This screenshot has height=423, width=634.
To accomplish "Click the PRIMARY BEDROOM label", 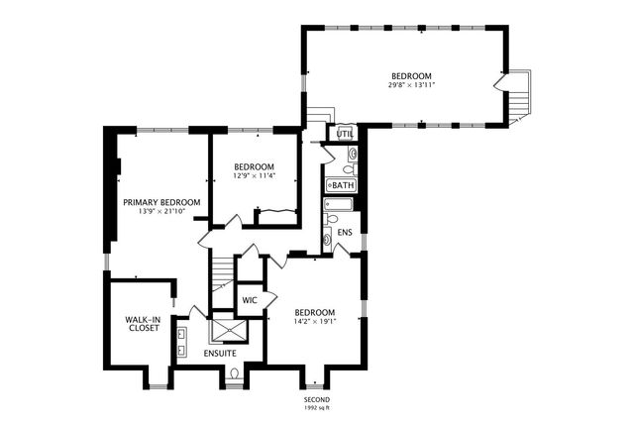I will (x=161, y=202).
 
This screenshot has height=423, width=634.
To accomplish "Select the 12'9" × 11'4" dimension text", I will (x=255, y=176).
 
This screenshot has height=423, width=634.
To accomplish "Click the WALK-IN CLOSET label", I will (x=143, y=324).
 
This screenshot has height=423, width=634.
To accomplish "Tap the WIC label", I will (x=250, y=299).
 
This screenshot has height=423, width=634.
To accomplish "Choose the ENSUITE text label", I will (x=220, y=353).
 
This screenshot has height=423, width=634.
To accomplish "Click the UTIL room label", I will (x=345, y=133).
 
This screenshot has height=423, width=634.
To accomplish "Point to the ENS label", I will (x=345, y=233).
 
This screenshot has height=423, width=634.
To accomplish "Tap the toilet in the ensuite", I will (x=234, y=373).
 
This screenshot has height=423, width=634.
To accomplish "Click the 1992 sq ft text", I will (x=316, y=407).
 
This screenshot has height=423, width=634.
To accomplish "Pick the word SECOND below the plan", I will (x=316, y=398).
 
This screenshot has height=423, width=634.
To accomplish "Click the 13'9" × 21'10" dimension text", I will (x=161, y=212).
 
